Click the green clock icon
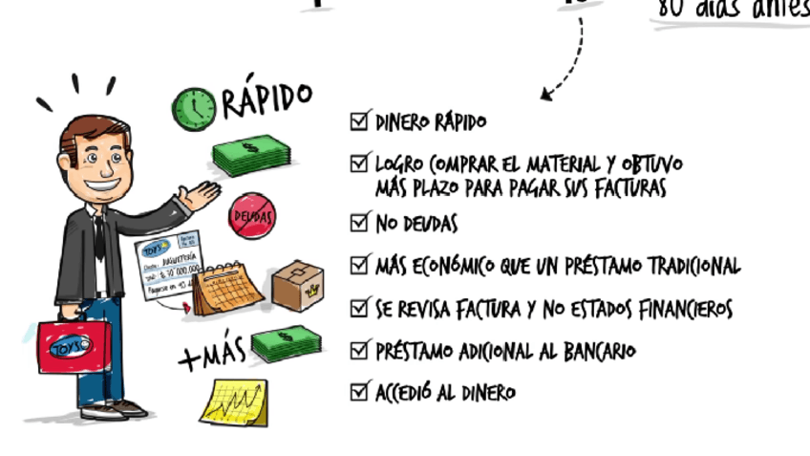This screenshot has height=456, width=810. point(194,109)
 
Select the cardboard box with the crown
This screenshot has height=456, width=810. point(297,285)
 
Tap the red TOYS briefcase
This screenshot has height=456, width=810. point(74,345)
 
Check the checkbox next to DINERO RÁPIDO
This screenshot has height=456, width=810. point(360,121)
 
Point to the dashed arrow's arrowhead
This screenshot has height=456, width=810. point(545,95)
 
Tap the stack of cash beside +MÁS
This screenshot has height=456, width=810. point(286,344)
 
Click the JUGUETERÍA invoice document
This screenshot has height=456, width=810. point(169,269)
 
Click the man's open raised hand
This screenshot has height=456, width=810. point(202,195)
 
